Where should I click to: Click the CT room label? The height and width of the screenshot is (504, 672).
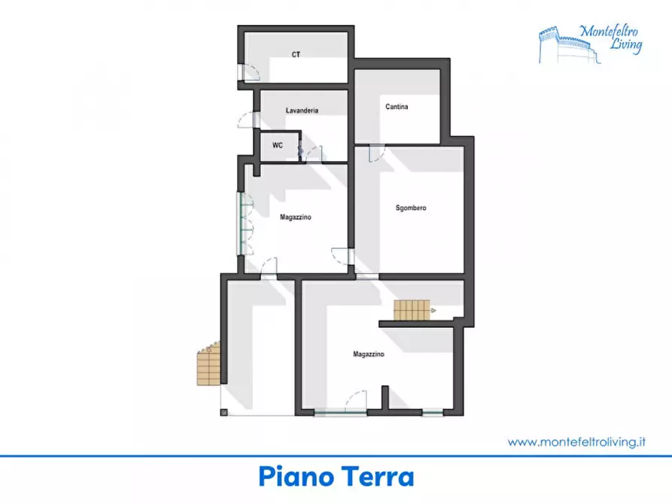click(x=296, y=54)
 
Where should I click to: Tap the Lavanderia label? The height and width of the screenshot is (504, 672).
click(x=302, y=111)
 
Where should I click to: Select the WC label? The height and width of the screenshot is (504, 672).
click(x=278, y=145)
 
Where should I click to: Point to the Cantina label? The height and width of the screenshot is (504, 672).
click(x=397, y=107)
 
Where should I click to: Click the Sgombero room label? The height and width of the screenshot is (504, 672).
click(x=411, y=208)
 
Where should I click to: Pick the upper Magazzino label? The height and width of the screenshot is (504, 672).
click(x=296, y=217)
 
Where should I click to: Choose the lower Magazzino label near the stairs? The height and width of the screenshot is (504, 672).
click(x=369, y=354)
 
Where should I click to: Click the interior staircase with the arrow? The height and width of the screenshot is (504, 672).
click(x=412, y=308)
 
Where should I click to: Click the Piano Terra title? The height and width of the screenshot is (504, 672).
click(x=336, y=477)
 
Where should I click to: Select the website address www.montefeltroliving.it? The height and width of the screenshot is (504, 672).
click(x=577, y=442)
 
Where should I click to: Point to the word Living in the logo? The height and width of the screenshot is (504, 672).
click(x=626, y=46)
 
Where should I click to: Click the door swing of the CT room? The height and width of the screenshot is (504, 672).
click(x=250, y=72)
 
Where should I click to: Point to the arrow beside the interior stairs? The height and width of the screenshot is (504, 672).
click(x=433, y=309)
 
